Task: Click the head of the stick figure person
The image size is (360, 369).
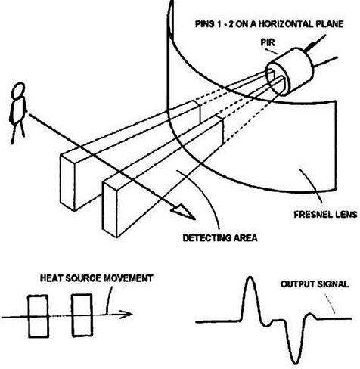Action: point(19,90)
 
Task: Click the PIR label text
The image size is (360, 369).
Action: point(268,42)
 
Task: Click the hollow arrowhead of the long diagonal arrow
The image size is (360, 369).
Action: point(184,213)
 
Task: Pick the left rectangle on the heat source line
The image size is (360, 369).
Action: point(38,316)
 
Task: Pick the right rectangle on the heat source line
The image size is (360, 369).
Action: point(82,315)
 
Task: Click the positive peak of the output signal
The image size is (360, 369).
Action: point(250,278)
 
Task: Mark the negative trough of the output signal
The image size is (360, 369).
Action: point(296,362)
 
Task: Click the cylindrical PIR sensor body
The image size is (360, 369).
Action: point(290,71)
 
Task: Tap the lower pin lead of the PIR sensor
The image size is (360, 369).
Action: point(325,62)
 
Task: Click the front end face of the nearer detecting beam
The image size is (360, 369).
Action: point(110,209)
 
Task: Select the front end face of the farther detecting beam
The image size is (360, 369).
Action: point(67,182)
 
